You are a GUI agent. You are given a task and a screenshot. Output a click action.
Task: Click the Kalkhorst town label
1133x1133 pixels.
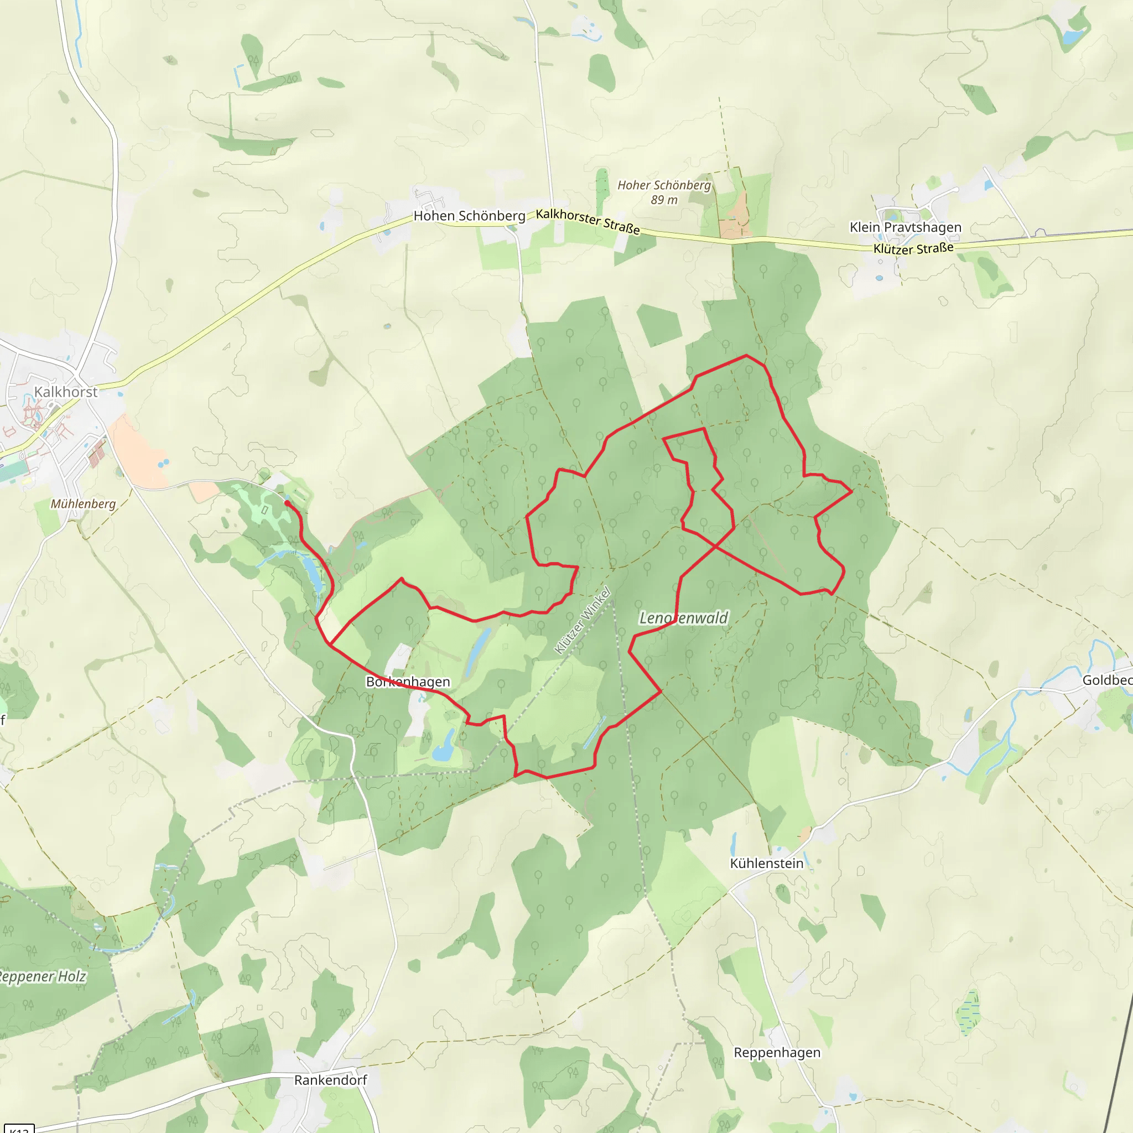click(x=66, y=392)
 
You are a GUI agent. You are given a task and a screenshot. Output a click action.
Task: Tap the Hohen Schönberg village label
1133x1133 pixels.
click(x=469, y=216)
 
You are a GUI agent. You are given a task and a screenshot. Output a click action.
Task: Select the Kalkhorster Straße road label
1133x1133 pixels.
click(x=588, y=221)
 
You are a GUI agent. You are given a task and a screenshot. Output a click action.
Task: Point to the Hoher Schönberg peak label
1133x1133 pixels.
click(x=664, y=185)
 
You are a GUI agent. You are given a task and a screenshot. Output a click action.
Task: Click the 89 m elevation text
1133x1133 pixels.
click(x=664, y=200)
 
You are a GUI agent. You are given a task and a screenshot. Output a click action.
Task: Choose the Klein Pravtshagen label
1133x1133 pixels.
click(x=906, y=227)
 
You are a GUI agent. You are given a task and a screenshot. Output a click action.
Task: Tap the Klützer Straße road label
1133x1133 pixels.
click(x=913, y=248)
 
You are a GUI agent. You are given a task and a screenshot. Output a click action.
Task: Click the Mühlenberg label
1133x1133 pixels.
click(x=84, y=504)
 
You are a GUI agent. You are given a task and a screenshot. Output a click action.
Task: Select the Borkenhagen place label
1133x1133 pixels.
click(x=408, y=682)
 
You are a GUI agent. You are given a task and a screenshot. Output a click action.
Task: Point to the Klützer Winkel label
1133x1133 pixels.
click(x=583, y=621)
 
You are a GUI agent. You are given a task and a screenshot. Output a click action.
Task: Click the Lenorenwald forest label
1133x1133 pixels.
click(x=683, y=618)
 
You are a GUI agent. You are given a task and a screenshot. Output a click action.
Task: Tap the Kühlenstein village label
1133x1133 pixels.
click(x=766, y=863)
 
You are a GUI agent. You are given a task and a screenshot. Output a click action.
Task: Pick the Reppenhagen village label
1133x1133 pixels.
click(x=777, y=1068)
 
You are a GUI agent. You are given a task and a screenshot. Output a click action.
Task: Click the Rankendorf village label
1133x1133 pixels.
click(x=331, y=1080)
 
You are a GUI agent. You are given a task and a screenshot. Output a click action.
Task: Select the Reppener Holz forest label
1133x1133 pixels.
click(x=42, y=976)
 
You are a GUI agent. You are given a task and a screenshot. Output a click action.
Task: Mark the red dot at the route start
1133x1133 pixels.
click(x=287, y=502)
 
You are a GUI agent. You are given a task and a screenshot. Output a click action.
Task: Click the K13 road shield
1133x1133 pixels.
click(x=19, y=1129)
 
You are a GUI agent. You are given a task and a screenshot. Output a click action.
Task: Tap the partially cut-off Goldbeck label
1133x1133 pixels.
click(x=1107, y=680)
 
